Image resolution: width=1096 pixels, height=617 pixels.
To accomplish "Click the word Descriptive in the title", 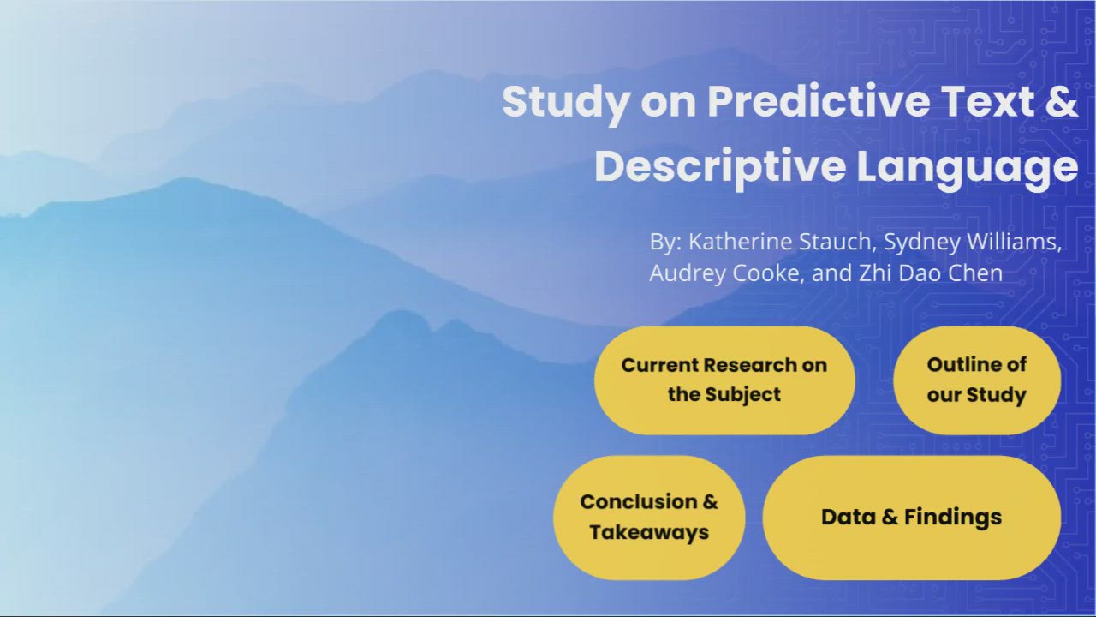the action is [720, 167].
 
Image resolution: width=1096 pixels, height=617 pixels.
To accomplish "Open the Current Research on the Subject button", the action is [724, 380].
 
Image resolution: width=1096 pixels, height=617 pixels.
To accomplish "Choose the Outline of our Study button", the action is [977, 380].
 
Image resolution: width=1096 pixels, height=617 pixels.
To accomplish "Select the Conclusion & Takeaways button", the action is [649, 518].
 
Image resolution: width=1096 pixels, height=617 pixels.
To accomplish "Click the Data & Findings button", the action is [912, 518].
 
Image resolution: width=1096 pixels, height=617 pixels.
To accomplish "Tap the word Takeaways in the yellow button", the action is [649, 533].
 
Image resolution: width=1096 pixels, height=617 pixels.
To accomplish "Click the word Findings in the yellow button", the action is [953, 518].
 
